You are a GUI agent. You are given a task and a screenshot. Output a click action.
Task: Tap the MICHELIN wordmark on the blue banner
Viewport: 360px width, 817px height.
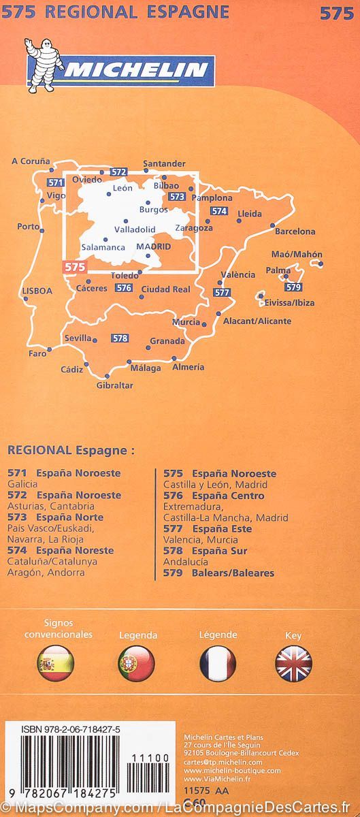click(137, 70)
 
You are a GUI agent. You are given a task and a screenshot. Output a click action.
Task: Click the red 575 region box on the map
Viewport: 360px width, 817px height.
click(74, 268)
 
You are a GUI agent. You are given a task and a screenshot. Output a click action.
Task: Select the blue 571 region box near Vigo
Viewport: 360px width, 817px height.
click(56, 182)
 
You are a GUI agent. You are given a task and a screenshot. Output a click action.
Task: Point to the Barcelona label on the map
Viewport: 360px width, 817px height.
click(295, 231)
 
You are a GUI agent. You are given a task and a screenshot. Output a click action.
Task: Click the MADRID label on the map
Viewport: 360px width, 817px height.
click(153, 246)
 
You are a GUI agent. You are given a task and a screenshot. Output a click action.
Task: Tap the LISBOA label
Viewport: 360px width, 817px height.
click(37, 291)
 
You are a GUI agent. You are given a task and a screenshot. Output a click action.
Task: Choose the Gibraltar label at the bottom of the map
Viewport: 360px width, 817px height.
click(114, 385)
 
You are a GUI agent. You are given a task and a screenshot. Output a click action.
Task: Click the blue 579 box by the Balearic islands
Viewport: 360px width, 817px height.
click(294, 287)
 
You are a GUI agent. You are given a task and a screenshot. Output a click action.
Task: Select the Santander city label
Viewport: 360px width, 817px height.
click(164, 163)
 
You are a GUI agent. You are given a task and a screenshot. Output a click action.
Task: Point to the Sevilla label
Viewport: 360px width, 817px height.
click(78, 338)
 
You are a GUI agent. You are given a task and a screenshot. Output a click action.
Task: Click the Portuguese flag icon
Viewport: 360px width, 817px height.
click(137, 663)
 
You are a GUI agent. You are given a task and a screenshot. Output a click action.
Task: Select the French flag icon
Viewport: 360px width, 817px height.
click(218, 663)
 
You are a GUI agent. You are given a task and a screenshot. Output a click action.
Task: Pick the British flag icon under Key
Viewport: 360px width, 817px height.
click(293, 663)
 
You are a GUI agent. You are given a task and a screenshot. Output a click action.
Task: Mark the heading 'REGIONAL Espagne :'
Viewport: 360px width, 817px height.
click(71, 450)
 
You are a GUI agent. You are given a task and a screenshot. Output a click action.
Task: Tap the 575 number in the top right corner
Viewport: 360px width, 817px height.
click(336, 12)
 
